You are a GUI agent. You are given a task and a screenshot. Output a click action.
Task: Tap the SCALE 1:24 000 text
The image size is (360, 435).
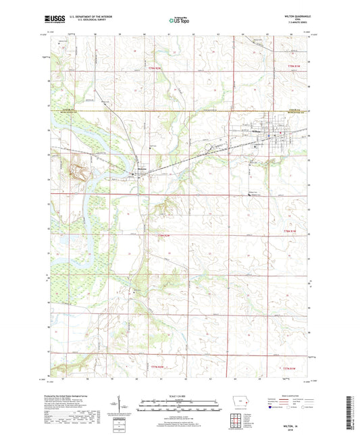(x=180, y=395)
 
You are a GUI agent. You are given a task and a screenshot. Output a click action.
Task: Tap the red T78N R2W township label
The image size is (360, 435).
(x=157, y=234)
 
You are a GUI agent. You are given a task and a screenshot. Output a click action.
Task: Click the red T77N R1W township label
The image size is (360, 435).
(x=290, y=367)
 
